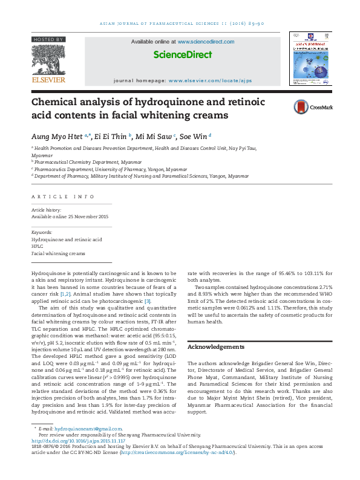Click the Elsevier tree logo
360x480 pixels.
[48, 59]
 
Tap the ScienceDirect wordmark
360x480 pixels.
[182, 54]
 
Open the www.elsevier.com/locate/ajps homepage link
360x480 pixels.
[210, 80]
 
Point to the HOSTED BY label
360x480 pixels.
[48, 39]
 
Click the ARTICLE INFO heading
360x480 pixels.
[63, 197]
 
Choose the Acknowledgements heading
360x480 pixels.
[217, 347]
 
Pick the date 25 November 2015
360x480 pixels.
[85, 216]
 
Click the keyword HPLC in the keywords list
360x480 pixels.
[37, 247]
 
